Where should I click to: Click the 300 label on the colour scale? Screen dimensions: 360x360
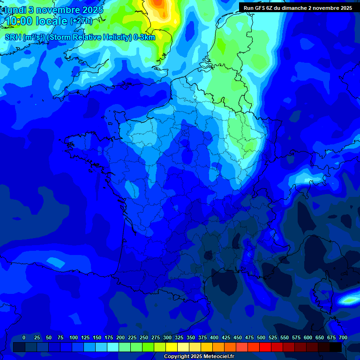pyautogui.click(x=167, y=337)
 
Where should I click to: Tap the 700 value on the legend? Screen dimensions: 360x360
pyautogui.click(x=343, y=337)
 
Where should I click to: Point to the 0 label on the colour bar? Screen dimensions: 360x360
pyautogui.click(x=24, y=337)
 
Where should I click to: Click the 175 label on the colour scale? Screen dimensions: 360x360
pyautogui.click(x=109, y=337)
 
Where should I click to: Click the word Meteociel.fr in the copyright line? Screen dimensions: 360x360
pyautogui.click(x=218, y=357)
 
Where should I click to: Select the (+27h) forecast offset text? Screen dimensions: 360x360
pyautogui.click(x=81, y=21)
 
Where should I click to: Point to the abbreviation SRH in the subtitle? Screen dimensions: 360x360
pyautogui.click(x=13, y=37)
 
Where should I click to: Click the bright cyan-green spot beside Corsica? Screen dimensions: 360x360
pyautogui.click(x=350, y=299)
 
